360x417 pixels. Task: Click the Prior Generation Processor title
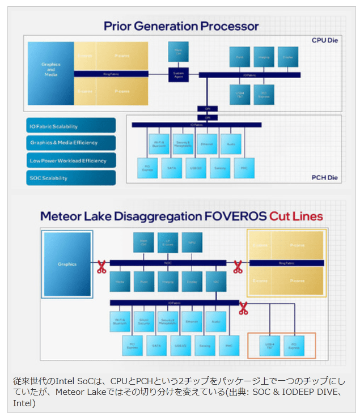[181, 26]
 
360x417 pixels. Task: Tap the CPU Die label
[325, 41]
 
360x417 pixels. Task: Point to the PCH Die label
[325, 177]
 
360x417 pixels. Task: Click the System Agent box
[178, 74]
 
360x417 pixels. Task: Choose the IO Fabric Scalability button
[71, 126]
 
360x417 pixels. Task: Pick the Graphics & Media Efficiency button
[71, 143]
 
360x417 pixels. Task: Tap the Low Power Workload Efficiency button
[71, 160]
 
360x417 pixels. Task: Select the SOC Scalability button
[71, 178]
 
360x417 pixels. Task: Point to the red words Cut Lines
[296, 216]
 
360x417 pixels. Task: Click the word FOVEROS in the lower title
[239, 216]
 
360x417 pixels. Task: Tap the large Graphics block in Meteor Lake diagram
[67, 264]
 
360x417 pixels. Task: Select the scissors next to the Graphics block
[101, 266]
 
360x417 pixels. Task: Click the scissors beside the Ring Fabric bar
[238, 266]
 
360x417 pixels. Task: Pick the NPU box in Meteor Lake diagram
[192, 242]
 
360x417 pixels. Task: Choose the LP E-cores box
[167, 242]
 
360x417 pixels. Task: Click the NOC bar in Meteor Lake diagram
[168, 263]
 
